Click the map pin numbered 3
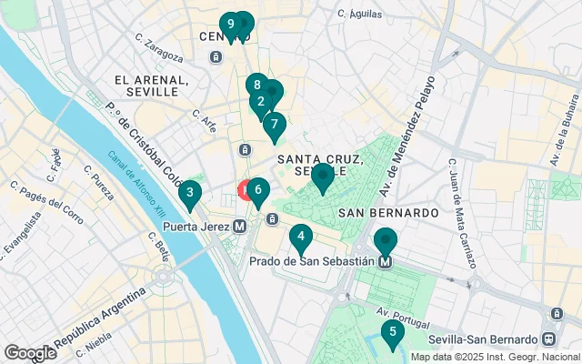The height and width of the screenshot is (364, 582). [189, 193]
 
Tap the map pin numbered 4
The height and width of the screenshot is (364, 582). [301, 238]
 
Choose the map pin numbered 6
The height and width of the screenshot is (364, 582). [258, 190]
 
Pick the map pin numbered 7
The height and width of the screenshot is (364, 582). [275, 126]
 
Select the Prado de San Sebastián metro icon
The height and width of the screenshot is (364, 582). [386, 261]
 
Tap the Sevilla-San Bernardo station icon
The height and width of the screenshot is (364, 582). [548, 339]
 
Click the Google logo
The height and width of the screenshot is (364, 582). [30, 352]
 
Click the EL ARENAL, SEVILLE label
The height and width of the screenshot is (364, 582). [152, 86]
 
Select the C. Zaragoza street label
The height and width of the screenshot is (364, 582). [159, 47]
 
